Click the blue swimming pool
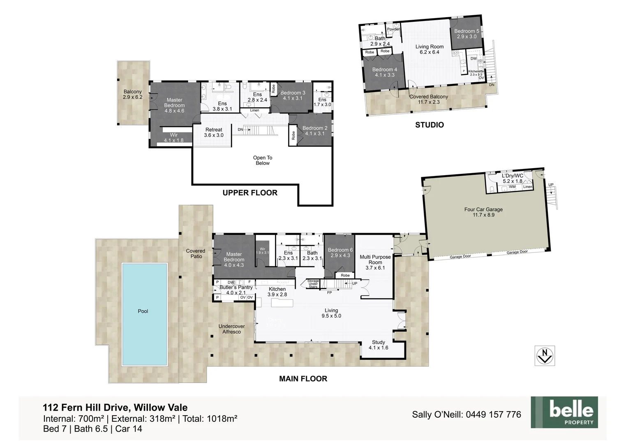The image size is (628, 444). (144, 314)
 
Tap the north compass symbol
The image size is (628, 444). (545, 356)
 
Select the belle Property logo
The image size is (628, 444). (564, 412)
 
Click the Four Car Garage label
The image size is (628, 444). (483, 212)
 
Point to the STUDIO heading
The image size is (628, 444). (429, 125)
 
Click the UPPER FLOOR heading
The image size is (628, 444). (250, 193)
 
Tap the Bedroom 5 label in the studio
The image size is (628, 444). (466, 34)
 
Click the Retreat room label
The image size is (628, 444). (214, 132)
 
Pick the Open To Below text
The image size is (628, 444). (263, 160)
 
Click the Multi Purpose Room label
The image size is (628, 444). (375, 262)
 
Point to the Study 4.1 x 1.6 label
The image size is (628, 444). (378, 345)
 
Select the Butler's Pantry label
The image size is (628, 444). (236, 290)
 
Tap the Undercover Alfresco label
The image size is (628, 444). (231, 329)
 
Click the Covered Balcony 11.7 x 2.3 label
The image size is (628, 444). (429, 99)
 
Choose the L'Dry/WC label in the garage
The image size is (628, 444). (513, 178)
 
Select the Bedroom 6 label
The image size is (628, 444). (340, 252)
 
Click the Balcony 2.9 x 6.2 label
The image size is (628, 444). (132, 95)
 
